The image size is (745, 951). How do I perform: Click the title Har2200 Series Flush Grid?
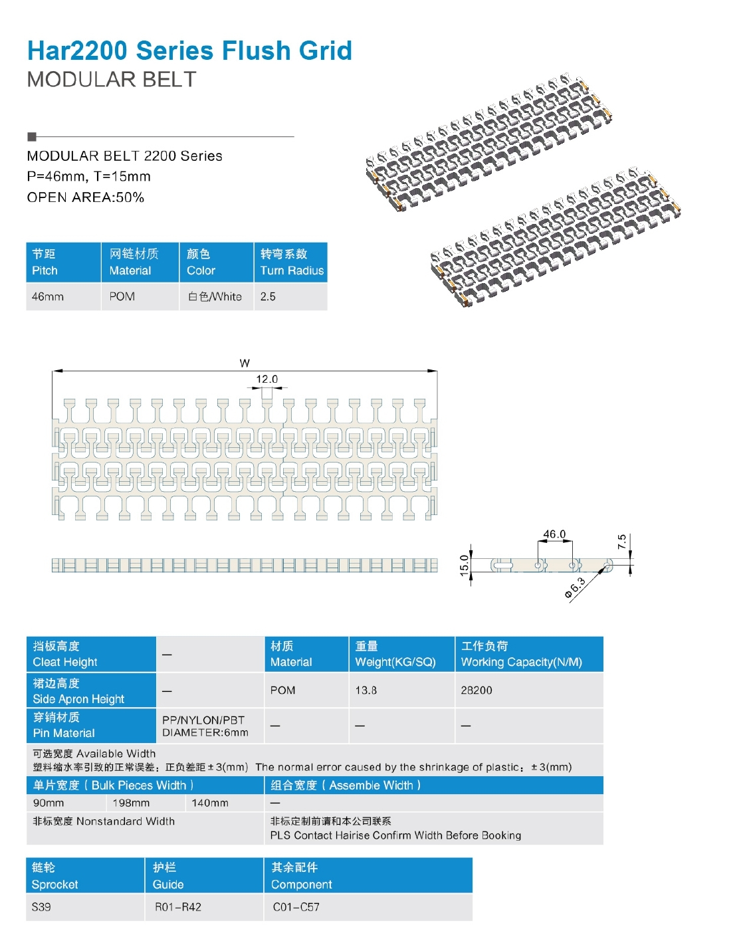[189, 51]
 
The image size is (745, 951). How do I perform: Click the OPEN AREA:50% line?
[85, 197]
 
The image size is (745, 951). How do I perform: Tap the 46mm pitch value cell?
[48, 296]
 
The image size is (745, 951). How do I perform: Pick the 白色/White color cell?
[215, 296]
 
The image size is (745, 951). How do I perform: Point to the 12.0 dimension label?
[266, 379]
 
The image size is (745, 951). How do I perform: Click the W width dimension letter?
[245, 363]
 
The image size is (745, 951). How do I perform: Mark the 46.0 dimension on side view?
[554, 534]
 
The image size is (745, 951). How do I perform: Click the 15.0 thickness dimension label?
[464, 565]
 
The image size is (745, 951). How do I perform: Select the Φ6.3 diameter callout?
[575, 588]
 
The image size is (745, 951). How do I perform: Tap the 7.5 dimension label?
[621, 542]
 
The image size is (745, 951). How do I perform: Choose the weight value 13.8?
[366, 690]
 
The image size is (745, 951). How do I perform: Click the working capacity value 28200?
[477, 690]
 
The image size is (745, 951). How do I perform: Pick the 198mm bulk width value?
[131, 803]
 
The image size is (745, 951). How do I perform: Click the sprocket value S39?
[41, 906]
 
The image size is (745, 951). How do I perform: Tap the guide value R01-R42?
[178, 906]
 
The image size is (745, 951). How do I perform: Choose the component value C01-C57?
[296, 906]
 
